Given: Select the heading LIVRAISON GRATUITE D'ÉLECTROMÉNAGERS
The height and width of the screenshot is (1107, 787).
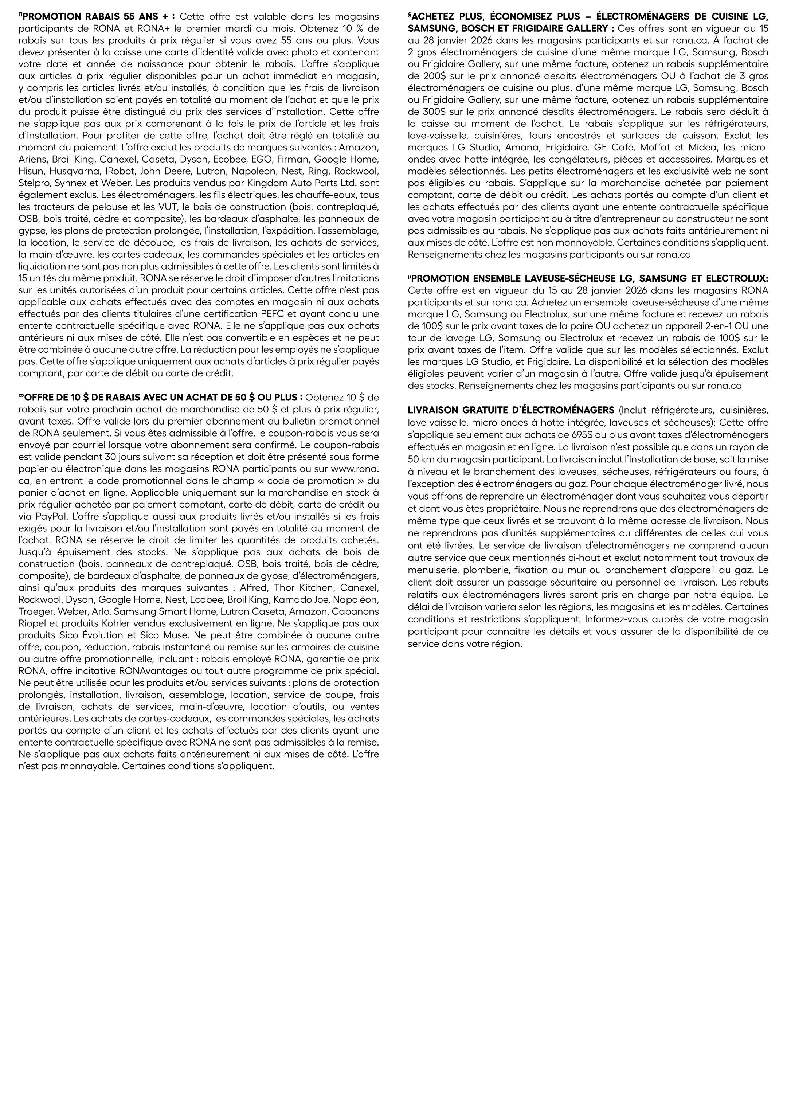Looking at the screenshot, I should click(511, 410).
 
